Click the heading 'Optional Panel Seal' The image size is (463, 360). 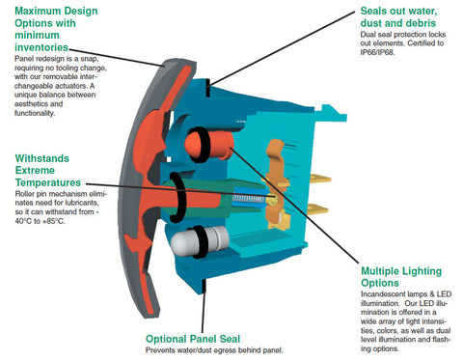tap(193, 339)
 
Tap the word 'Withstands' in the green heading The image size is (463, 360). tap(42, 158)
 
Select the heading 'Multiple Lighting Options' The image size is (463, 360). tap(401, 277)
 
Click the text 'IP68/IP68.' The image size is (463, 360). tap(377, 52)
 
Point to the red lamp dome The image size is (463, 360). tap(193, 144)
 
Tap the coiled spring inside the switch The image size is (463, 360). tap(248, 199)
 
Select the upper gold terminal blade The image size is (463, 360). tap(319, 178)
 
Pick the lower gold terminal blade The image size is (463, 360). tap(317, 208)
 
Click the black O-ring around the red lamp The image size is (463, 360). tap(205, 144)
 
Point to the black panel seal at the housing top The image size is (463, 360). tap(208, 88)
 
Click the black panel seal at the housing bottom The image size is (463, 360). tap(204, 287)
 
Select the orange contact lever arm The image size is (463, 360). tap(276, 180)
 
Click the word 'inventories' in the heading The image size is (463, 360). tap(41, 47)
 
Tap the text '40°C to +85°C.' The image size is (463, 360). tap(40, 221)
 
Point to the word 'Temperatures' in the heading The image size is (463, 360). tap(48, 182)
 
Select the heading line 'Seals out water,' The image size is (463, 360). tap(398, 11)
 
